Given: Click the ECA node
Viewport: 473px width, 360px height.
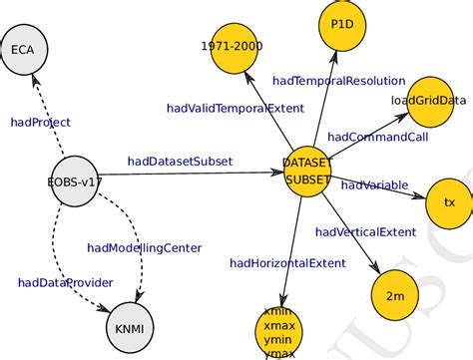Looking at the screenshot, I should [x=22, y=50].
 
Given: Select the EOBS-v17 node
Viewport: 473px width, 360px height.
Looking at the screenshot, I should [x=74, y=181].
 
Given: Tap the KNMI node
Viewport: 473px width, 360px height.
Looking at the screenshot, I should [x=129, y=324].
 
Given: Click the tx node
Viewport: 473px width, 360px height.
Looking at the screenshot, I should [x=448, y=201].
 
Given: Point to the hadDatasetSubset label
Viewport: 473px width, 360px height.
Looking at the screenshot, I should [x=180, y=161].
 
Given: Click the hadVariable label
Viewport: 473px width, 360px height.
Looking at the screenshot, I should [x=374, y=184].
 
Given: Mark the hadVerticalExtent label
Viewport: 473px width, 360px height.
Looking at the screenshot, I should [x=365, y=231].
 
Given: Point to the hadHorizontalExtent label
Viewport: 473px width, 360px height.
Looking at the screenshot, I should [x=287, y=263].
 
